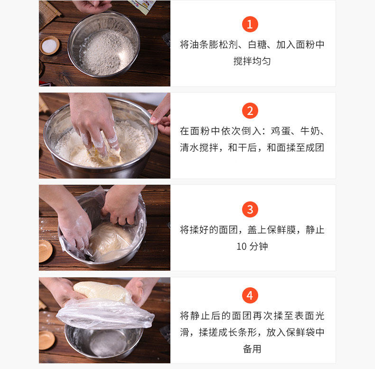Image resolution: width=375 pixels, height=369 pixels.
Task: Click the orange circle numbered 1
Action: [250, 24]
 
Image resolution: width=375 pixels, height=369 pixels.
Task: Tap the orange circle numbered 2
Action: [250, 111]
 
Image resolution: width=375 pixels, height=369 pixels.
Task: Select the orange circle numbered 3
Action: [250, 209]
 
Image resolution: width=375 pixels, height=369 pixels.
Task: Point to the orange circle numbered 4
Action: [250, 295]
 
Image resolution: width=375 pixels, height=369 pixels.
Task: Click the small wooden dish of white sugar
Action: [49, 46]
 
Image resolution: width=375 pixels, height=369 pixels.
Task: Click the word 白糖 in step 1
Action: [257, 45]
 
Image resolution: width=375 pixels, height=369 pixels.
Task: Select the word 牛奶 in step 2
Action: [309, 131]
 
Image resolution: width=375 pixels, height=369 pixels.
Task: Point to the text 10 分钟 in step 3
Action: [252, 246]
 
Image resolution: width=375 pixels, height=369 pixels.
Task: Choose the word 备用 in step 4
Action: [252, 349]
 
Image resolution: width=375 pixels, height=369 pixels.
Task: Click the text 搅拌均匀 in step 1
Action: [252, 61]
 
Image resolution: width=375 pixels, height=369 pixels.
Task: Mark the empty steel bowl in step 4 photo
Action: [104, 341]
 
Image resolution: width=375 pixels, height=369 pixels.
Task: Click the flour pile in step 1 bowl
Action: [108, 52]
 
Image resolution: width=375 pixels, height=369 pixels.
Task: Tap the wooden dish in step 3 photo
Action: [45, 251]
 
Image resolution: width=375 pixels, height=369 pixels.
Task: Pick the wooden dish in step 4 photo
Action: [47, 340]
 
